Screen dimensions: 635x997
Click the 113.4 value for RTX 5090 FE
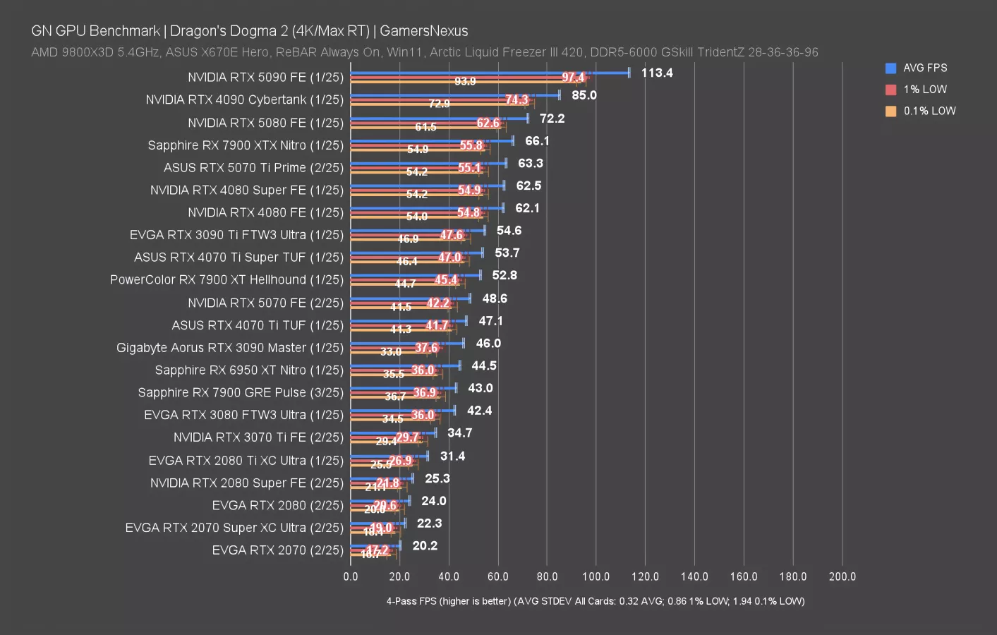tap(656, 73)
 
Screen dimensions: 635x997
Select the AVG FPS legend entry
tap(924, 68)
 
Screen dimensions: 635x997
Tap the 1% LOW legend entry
tap(924, 90)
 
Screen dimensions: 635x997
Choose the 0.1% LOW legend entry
tap(929, 111)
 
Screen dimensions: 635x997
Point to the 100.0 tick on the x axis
tap(596, 576)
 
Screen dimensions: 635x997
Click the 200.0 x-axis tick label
tap(842, 576)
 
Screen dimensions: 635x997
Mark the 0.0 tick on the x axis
tap(351, 576)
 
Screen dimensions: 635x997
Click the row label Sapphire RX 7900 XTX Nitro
tap(246, 145)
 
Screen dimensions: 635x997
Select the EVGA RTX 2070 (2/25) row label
tap(277, 550)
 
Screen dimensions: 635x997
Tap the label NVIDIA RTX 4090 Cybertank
tap(244, 100)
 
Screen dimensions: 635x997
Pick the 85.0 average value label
tap(584, 95)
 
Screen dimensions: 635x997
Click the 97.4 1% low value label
tap(573, 78)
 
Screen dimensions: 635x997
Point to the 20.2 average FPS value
tap(425, 545)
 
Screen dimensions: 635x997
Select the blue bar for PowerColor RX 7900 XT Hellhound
tap(415, 275)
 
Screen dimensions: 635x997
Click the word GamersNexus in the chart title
tap(423, 31)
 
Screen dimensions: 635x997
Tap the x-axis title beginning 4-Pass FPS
tap(595, 601)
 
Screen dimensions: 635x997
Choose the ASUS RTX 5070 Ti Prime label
tap(253, 168)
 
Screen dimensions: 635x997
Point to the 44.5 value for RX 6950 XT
tap(484, 365)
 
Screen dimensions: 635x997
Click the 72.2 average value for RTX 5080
tap(552, 119)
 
